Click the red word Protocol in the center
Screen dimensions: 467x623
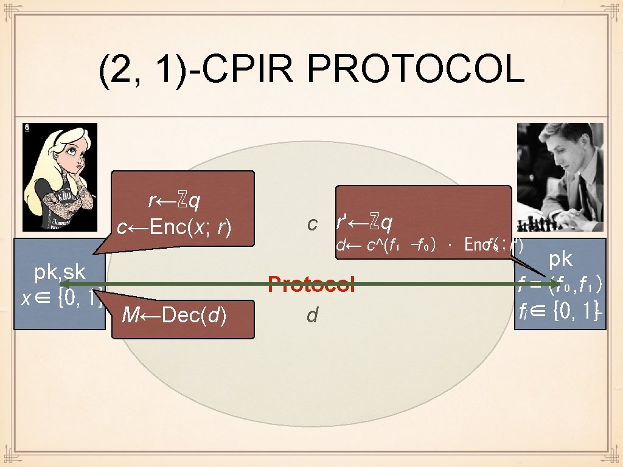tap(311, 284)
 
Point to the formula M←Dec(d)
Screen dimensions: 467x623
tap(175, 316)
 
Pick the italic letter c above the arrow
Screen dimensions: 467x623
tap(312, 224)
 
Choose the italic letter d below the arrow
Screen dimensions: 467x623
tap(312, 316)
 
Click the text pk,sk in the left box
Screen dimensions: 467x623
tap(60, 272)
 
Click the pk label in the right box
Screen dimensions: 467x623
tap(560, 259)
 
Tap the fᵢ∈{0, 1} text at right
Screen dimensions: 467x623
tap(560, 311)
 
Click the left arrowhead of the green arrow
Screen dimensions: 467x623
tap(65, 284)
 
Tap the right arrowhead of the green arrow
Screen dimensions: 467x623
tap(554, 284)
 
